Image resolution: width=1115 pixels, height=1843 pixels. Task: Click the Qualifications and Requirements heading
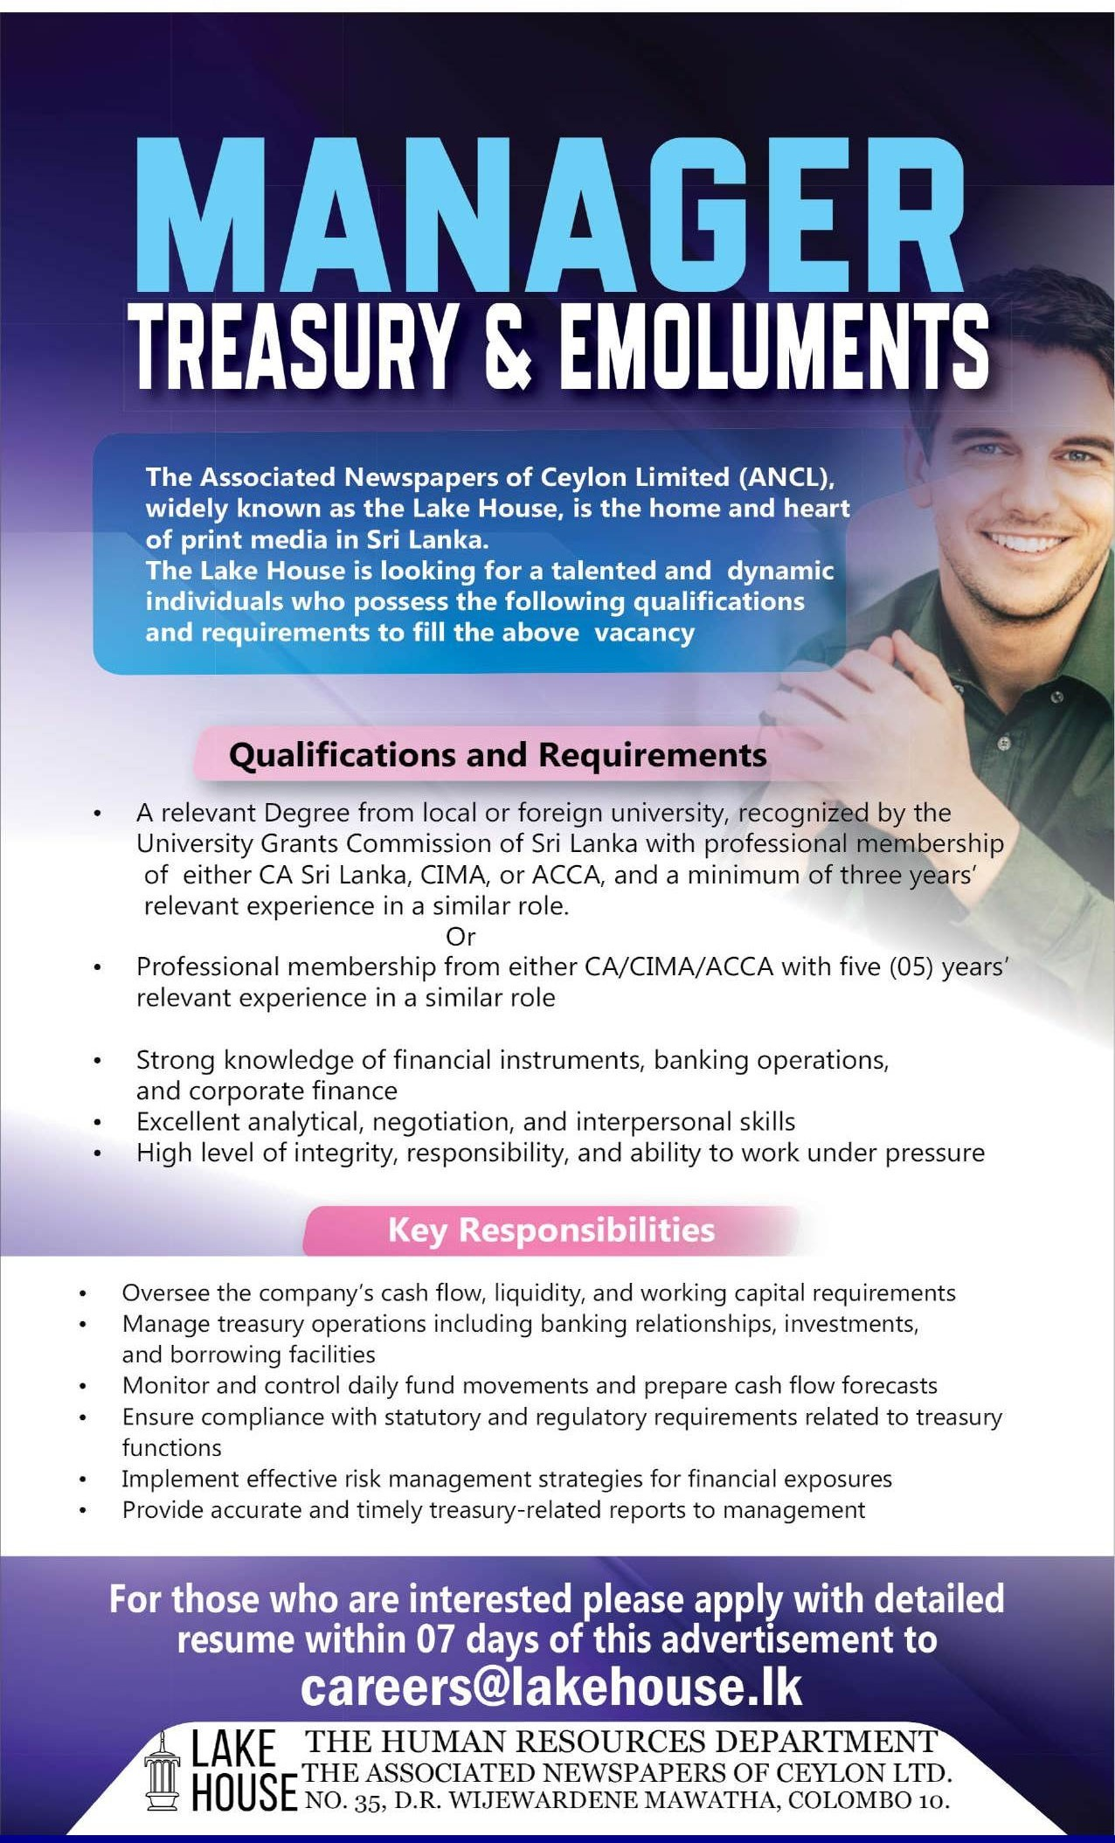[x=497, y=754]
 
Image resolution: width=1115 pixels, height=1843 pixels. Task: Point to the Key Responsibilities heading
[x=551, y=1230]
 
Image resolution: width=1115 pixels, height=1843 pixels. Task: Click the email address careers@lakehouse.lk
[x=551, y=1687]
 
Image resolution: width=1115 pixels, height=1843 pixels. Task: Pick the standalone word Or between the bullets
[x=461, y=936]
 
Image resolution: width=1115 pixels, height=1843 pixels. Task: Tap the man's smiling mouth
[x=1031, y=544]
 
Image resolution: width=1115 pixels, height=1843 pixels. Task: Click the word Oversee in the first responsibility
[x=159, y=1292]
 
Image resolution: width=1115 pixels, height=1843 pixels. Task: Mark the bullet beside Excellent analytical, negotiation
[x=99, y=1122]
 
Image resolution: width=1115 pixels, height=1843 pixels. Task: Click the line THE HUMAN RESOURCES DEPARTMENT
[x=620, y=1742]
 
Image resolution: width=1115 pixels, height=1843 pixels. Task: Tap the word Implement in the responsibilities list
[x=181, y=1479]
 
